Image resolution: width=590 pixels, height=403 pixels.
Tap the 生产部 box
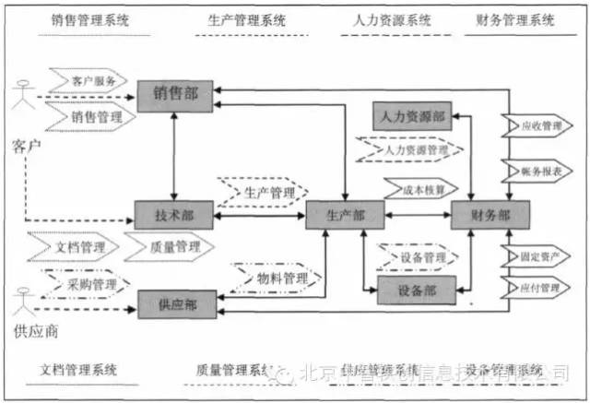(x=343, y=214)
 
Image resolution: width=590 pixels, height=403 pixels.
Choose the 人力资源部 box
(x=411, y=117)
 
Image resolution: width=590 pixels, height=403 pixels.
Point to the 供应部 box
(x=173, y=302)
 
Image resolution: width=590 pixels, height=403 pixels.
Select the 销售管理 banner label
(x=96, y=117)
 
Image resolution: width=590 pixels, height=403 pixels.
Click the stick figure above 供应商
(x=24, y=301)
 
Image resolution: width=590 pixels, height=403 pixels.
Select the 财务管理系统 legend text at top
(x=516, y=18)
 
